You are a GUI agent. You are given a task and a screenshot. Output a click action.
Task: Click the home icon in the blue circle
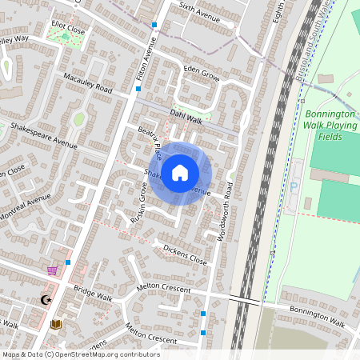tap(180, 173)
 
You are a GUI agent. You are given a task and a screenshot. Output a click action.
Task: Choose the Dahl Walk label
tap(188, 115)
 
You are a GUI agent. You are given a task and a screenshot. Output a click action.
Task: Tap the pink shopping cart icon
tap(53, 270)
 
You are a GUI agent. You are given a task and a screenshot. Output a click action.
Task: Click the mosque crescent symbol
tap(46, 301)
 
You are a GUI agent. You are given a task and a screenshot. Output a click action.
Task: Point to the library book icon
tap(55, 324)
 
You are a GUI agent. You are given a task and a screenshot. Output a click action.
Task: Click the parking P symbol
tap(294, 187)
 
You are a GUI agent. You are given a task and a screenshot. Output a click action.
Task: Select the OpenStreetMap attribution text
tap(80, 354)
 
